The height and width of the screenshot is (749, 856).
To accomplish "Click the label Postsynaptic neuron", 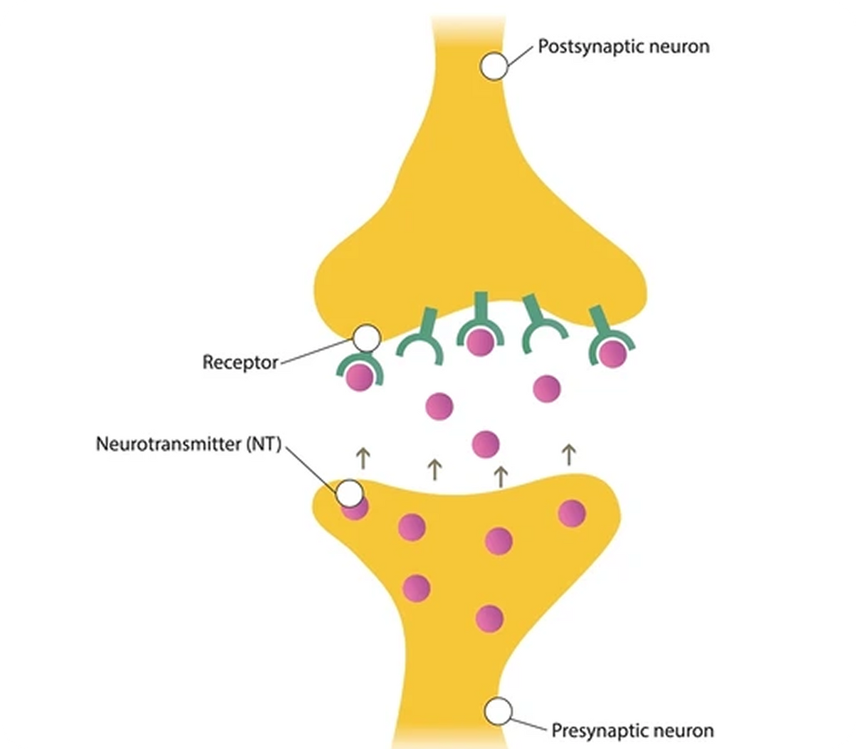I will click(x=623, y=47).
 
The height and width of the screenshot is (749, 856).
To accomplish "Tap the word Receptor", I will click(x=240, y=362).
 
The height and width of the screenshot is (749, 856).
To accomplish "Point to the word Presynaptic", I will click(x=597, y=730).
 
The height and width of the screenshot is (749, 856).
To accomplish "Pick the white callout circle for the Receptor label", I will click(x=367, y=338).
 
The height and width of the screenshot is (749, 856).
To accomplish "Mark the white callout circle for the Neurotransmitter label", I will click(x=350, y=492).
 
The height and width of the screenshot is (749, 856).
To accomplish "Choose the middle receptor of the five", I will click(x=477, y=325).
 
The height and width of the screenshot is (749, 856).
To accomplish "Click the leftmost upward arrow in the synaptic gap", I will click(x=362, y=457).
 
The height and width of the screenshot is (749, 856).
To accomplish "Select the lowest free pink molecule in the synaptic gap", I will click(x=486, y=444).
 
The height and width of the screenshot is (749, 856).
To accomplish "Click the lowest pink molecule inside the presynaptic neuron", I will click(x=489, y=618).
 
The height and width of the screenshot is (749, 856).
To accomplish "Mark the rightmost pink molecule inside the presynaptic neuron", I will click(x=571, y=513).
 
